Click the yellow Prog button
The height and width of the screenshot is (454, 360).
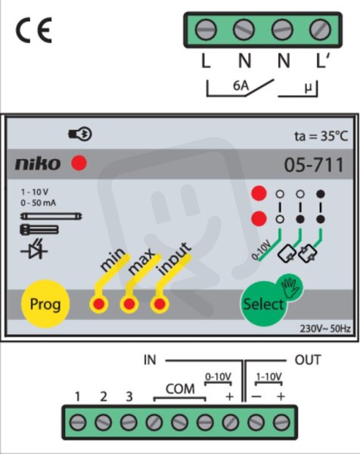point(45,303)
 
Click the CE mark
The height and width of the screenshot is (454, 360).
point(34,30)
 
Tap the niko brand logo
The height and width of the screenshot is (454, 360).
point(38,164)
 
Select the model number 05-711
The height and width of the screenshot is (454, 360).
point(314,165)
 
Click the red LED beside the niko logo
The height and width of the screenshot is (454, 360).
point(79,163)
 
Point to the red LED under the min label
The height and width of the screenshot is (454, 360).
point(99,304)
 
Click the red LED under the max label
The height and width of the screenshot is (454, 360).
point(129,304)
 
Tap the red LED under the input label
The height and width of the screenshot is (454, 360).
point(160,304)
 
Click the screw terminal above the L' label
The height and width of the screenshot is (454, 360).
point(320,30)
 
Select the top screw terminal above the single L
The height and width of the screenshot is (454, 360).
point(206,30)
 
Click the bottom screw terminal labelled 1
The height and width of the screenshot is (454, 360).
point(78,422)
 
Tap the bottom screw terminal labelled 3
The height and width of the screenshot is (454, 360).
point(129,422)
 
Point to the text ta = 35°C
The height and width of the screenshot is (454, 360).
point(321,136)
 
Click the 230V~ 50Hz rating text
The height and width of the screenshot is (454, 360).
point(325,328)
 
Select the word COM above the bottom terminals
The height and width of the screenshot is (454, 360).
point(180,389)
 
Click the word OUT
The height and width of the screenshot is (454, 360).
point(308,360)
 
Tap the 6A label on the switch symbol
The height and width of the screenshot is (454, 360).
point(241,86)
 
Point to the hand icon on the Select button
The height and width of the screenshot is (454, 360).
point(291,288)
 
